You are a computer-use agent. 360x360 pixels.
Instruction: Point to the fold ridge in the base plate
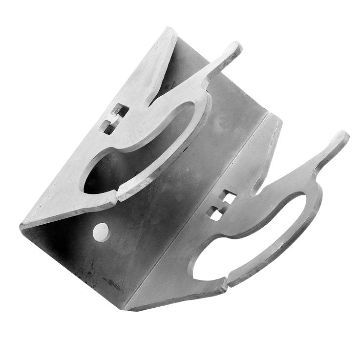(195, 205)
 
